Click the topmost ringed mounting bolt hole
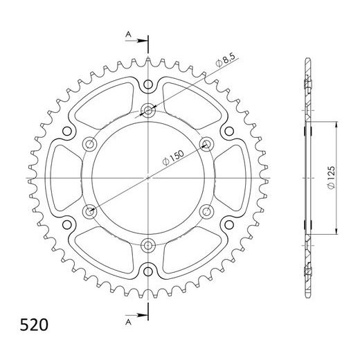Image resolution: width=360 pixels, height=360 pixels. [x=149, y=109]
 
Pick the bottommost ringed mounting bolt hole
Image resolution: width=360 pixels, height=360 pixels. [x=149, y=244]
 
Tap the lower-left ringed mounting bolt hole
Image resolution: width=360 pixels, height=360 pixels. [x=90, y=210]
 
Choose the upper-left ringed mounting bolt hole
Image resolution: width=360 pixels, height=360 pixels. [x=90, y=143]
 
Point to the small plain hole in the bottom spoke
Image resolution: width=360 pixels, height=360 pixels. [x=149, y=269]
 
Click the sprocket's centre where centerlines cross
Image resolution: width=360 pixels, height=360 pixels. [x=149, y=177]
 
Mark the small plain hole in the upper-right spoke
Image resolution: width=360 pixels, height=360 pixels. [x=229, y=131]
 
